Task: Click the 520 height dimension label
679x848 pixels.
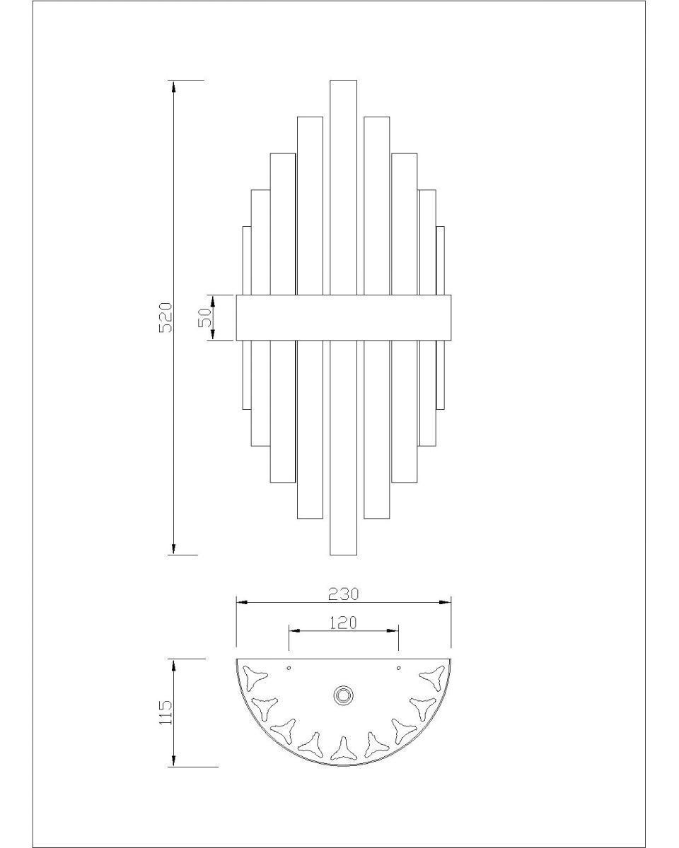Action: [166, 317]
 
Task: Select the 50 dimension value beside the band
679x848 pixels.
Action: [205, 317]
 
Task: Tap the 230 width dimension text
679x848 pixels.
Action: [343, 605]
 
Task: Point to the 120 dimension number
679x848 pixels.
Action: [343, 634]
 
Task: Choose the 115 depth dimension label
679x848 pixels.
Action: [166, 712]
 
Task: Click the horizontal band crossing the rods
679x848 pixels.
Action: [343, 317]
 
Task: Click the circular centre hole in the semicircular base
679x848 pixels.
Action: [343, 695]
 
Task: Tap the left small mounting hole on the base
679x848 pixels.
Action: [289, 668]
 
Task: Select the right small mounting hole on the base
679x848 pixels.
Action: [398, 668]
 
